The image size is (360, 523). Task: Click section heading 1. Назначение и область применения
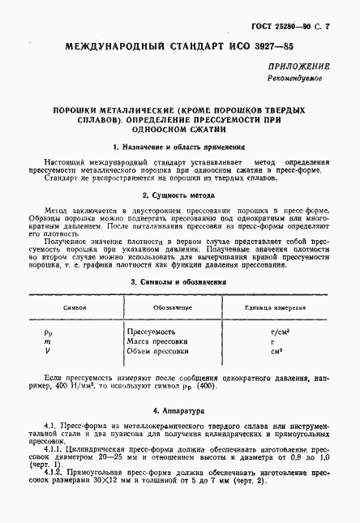coord(178,148)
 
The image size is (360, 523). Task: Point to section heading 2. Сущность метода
coord(178,195)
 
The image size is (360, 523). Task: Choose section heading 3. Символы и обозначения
coord(178,282)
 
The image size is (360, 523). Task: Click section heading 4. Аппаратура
coord(178,411)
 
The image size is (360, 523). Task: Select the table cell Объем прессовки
coord(158,351)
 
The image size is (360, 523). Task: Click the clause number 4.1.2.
coord(55,471)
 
